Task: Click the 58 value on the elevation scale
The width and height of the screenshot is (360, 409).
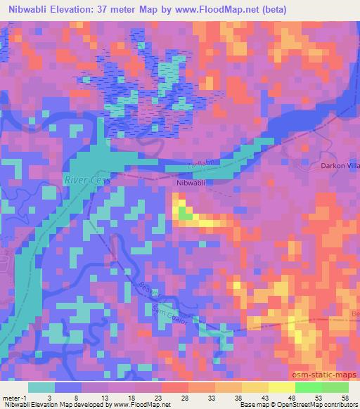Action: (x=345, y=397)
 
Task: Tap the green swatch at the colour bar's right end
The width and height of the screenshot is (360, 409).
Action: (x=332, y=387)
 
